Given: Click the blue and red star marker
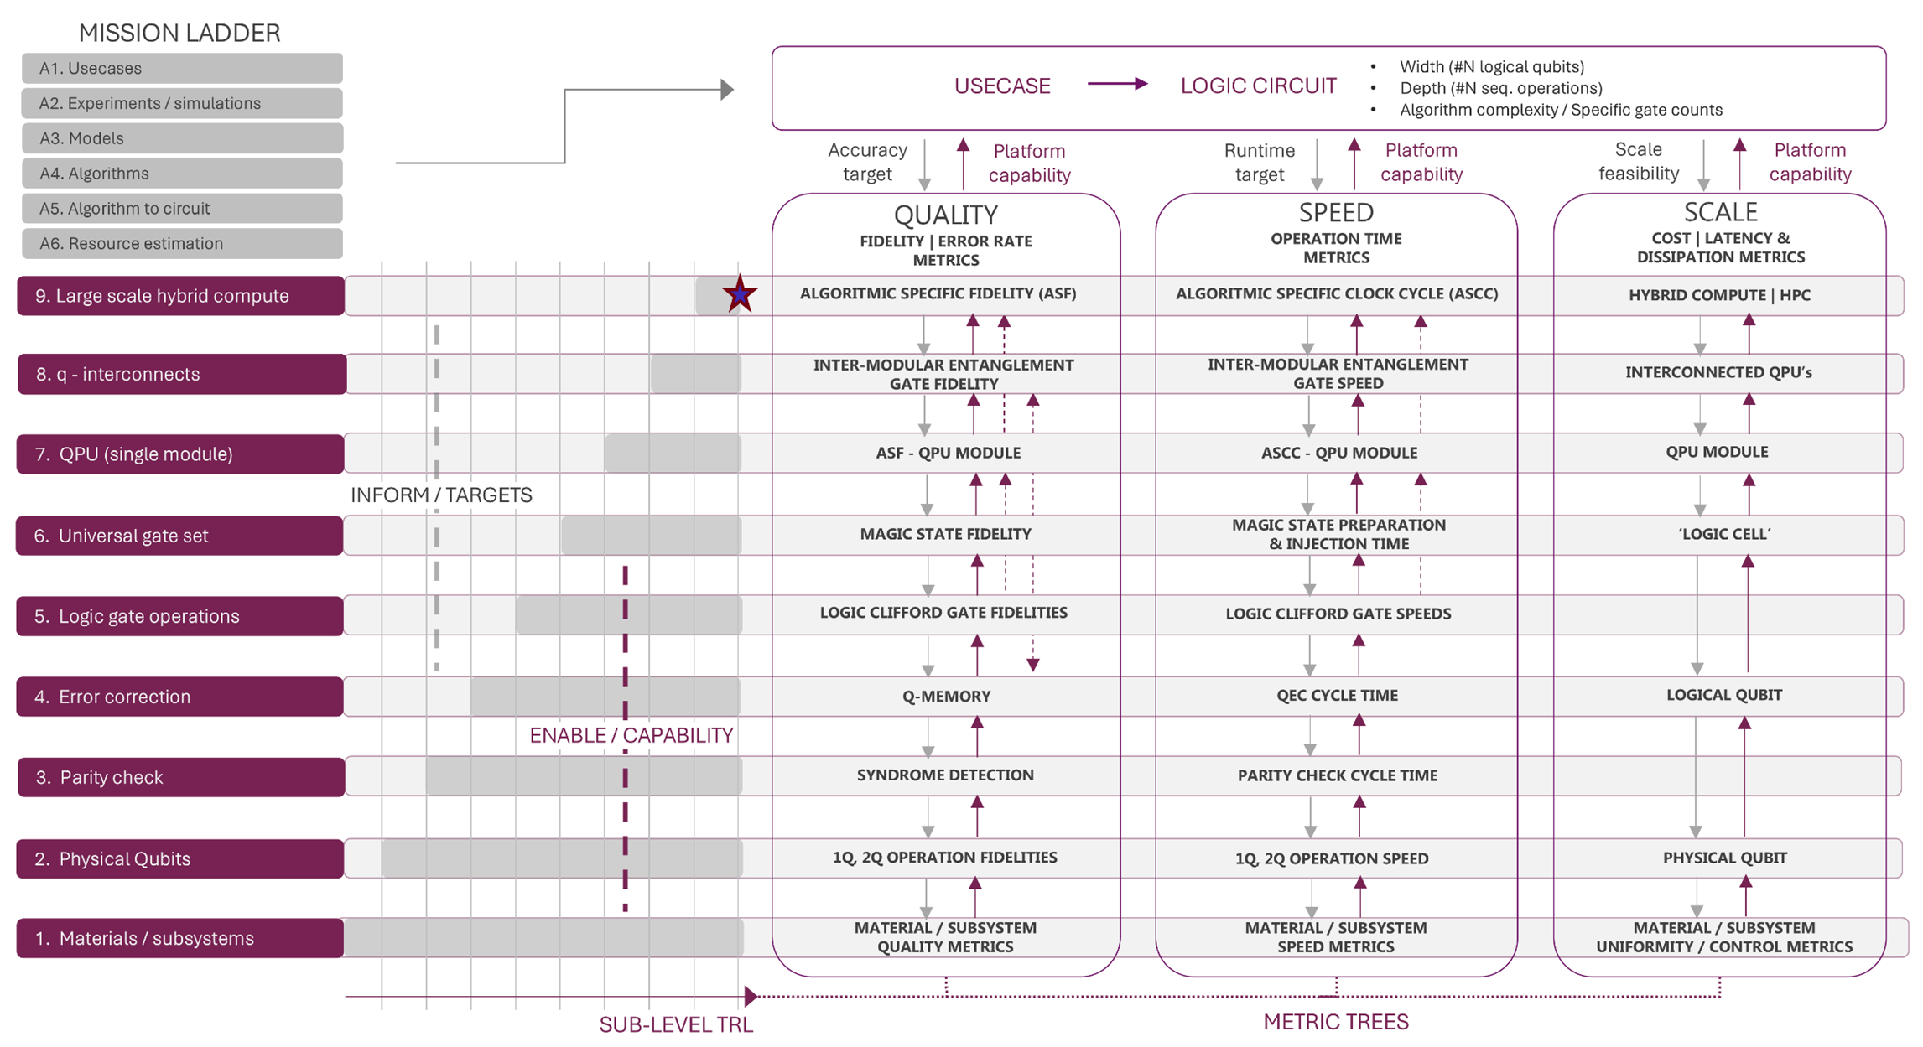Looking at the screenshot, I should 739,294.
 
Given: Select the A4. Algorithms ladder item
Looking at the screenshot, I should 181,174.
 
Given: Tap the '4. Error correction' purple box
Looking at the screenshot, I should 179,697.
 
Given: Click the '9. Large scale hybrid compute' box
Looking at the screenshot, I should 179,296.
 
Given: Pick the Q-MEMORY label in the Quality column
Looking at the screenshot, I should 946,696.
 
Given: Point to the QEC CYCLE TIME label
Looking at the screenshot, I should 1337,695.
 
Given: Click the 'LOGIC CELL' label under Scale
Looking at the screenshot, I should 1723,534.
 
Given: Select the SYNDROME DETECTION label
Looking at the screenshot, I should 945,775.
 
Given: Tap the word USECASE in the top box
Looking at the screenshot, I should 1002,86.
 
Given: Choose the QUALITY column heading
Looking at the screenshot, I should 945,215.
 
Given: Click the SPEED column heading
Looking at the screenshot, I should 1336,212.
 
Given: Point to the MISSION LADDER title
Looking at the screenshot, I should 179,33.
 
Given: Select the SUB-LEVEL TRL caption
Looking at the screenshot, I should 676,1024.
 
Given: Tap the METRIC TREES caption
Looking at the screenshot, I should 1336,1022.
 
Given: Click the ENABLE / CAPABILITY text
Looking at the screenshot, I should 631,735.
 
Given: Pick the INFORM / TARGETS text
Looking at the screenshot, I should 441,495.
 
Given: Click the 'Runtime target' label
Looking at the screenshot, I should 1259,162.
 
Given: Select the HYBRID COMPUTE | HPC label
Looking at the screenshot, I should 1719,295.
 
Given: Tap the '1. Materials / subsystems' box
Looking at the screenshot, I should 179,938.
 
